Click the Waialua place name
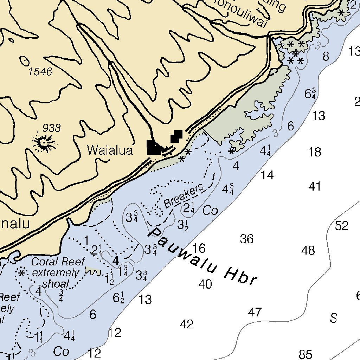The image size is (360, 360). click(x=110, y=150)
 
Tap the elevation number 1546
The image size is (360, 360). click(x=40, y=72)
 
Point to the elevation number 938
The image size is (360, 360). click(x=51, y=128)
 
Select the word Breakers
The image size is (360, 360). click(x=184, y=195)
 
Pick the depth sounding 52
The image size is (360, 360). click(x=341, y=226)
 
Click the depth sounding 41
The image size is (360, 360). click(x=315, y=186)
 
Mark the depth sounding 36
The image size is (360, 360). click(x=246, y=239)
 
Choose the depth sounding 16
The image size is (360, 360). click(x=199, y=249)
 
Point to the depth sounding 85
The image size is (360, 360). click(x=305, y=354)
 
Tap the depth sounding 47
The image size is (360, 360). click(x=255, y=312)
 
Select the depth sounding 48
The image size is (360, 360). click(x=308, y=251)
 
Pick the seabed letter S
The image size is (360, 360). click(x=333, y=318)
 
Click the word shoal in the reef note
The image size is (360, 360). click(x=56, y=284)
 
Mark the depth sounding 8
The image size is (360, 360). click(x=326, y=56)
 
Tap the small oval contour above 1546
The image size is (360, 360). click(x=25, y=61)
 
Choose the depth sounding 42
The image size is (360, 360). click(x=186, y=324)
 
